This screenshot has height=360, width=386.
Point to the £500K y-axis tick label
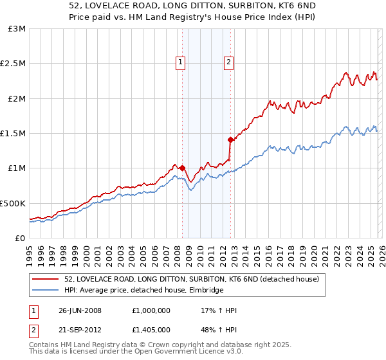coord(13,203)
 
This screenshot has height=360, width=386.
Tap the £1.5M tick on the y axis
coord(13,134)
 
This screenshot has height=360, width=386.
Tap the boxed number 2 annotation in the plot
coord(228,62)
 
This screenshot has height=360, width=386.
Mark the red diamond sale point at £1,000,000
coord(182,168)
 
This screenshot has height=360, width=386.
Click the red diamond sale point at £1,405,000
coord(230,139)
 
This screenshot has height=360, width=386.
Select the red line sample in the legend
coord(46,280)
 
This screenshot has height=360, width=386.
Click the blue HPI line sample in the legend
coord(46,291)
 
